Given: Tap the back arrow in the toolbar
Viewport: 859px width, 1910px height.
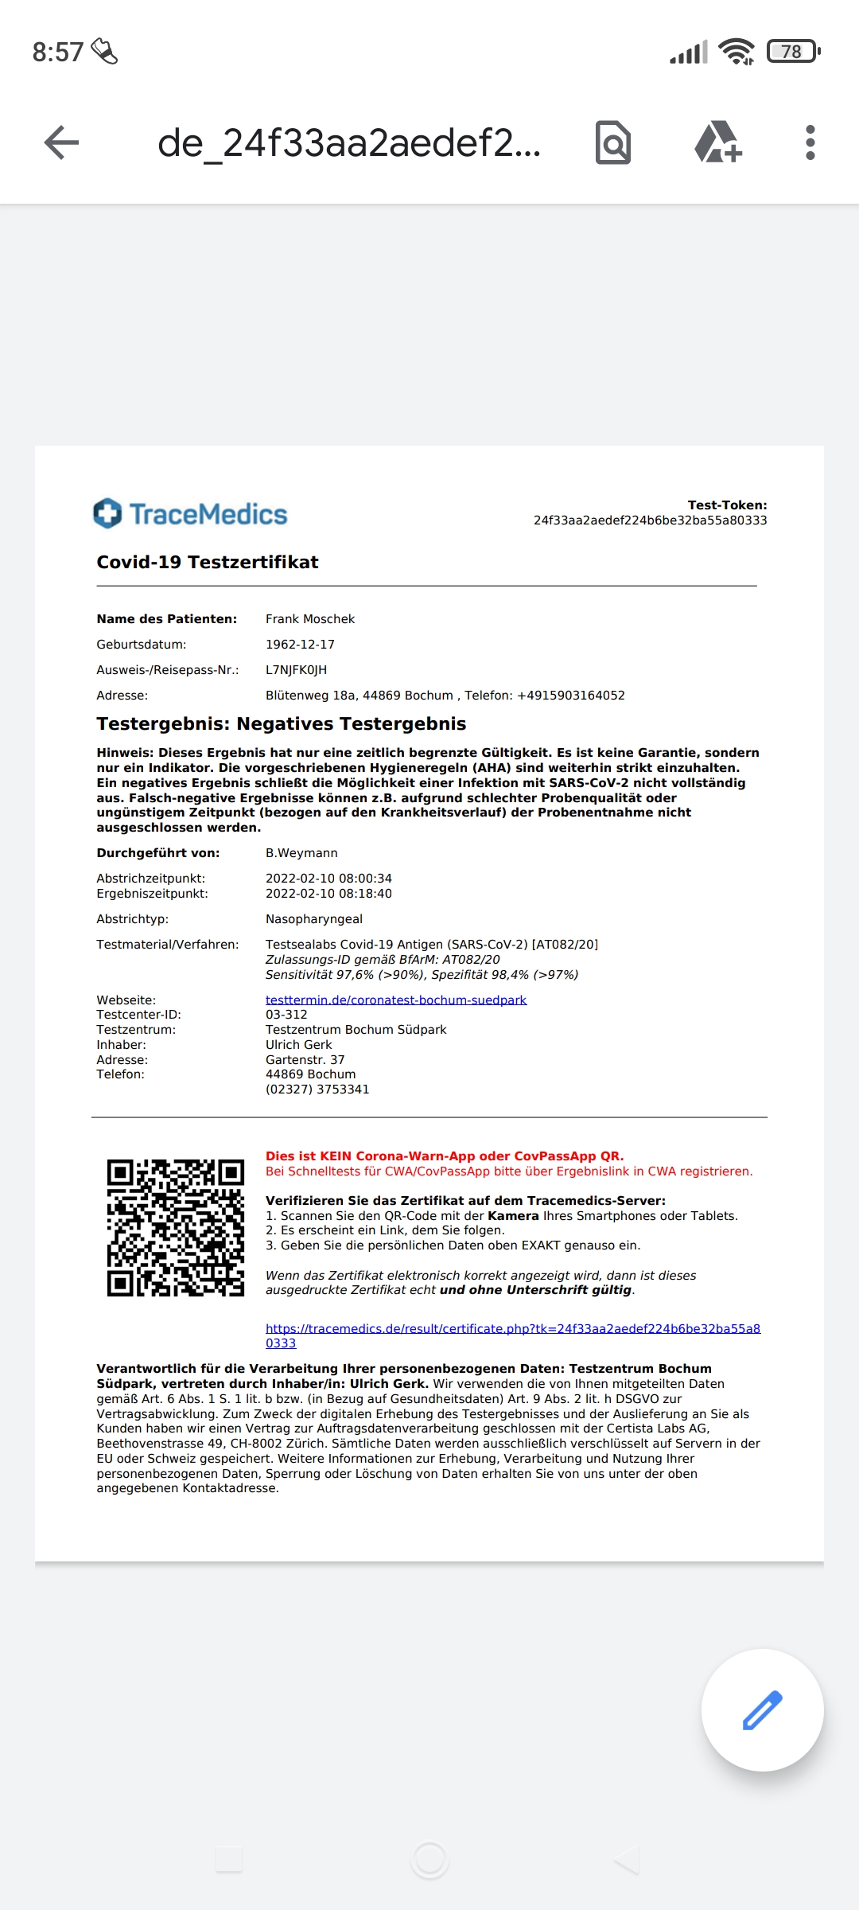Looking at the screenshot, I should [x=61, y=143].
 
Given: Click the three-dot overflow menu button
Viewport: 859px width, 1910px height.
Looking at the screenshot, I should [x=810, y=143].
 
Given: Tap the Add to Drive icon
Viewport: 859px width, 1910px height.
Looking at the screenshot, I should [x=717, y=143].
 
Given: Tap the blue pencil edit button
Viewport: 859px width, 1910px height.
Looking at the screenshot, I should [x=762, y=1710].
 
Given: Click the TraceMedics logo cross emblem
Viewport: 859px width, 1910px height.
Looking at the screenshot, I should [x=107, y=513].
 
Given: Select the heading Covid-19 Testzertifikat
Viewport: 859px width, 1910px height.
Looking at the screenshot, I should [x=207, y=563].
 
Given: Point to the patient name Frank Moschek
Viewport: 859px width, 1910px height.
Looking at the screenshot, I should [x=310, y=619].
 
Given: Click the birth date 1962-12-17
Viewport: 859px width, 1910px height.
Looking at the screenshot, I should [x=300, y=645].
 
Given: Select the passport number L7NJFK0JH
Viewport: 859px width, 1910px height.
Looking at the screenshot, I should [x=296, y=670].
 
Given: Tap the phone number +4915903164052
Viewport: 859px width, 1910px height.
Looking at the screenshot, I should [x=570, y=696].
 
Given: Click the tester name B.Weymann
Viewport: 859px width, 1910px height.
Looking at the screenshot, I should [x=301, y=853].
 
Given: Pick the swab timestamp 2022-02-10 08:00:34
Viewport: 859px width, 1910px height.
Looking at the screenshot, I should [x=328, y=879].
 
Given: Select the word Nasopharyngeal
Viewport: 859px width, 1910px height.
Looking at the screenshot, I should [x=313, y=919].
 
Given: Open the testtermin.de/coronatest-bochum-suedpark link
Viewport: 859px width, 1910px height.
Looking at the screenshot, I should [x=395, y=1000].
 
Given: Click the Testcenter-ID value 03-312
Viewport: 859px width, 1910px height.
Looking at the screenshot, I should [x=286, y=1015].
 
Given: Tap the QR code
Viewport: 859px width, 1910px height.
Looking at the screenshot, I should [x=176, y=1227].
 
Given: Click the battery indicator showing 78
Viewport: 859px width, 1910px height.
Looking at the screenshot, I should [x=792, y=52].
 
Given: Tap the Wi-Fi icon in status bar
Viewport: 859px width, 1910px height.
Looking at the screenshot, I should [x=736, y=52].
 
